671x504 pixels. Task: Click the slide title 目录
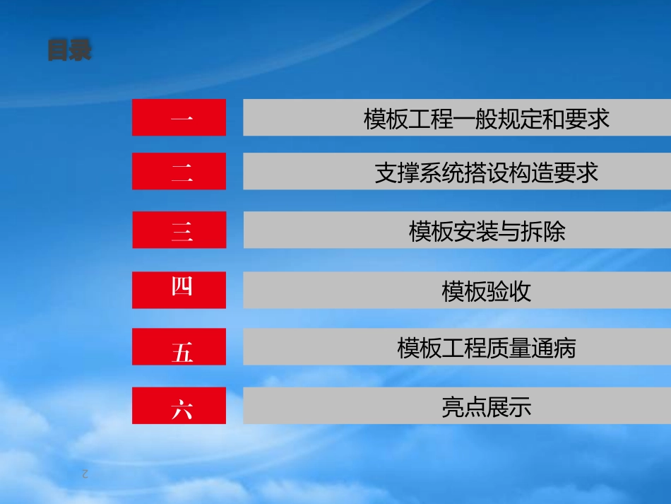tap(70, 51)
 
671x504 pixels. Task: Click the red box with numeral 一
tap(179, 117)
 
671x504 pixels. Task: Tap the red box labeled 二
tap(179, 171)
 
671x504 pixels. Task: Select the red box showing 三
tap(179, 230)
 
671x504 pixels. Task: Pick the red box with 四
tap(179, 290)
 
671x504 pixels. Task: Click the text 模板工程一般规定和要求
tap(486, 119)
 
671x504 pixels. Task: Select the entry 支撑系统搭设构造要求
tap(486, 172)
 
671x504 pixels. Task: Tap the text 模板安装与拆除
tap(487, 231)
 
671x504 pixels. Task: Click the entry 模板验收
tap(486, 291)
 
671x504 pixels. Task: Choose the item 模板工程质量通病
tap(486, 348)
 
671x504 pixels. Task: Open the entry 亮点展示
tap(486, 407)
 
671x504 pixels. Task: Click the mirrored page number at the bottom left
tap(85, 474)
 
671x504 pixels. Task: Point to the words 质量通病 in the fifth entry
tap(531, 348)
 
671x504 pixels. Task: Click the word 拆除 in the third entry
tap(542, 231)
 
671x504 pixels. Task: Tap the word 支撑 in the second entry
tap(397, 172)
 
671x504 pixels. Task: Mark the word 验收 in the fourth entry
tap(509, 291)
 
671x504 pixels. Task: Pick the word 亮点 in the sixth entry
tap(464, 407)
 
